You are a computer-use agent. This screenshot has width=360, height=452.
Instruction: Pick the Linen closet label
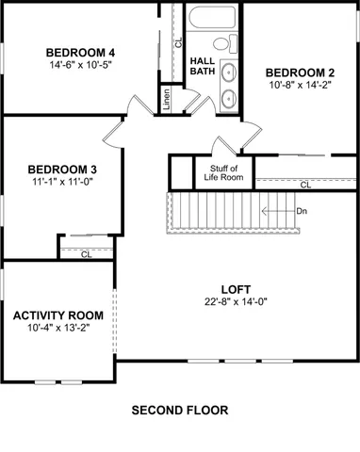click(x=166, y=98)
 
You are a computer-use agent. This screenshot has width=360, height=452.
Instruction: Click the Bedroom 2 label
click(x=299, y=73)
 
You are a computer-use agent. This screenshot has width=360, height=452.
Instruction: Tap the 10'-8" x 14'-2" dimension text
click(x=299, y=86)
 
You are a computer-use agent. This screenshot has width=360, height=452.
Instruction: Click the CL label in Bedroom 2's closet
click(x=305, y=186)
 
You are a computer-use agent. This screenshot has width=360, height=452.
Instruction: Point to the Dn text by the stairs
click(x=302, y=211)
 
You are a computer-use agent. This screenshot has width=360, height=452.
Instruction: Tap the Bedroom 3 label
click(x=61, y=169)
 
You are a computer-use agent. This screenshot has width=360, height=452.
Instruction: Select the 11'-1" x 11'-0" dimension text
click(x=61, y=184)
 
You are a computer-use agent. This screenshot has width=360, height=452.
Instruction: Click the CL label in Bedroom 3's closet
click(x=86, y=253)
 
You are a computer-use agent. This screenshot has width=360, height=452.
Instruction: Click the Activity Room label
click(x=57, y=315)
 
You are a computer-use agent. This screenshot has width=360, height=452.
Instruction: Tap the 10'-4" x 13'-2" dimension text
click(x=57, y=329)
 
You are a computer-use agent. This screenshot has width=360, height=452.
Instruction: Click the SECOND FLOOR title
click(x=179, y=411)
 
